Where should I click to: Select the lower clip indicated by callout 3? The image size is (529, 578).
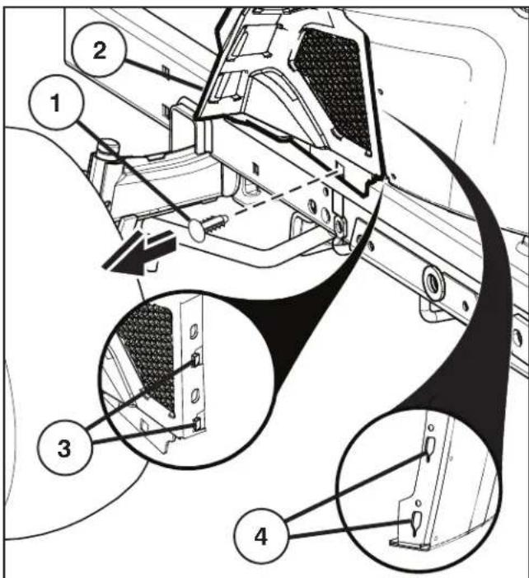(x=197, y=422)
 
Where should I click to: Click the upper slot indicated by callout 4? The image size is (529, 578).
(x=429, y=449)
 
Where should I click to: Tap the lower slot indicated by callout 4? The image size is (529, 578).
(x=416, y=519)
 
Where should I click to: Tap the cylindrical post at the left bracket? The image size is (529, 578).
(x=104, y=153)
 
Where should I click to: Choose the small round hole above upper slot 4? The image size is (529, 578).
(x=430, y=428)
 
